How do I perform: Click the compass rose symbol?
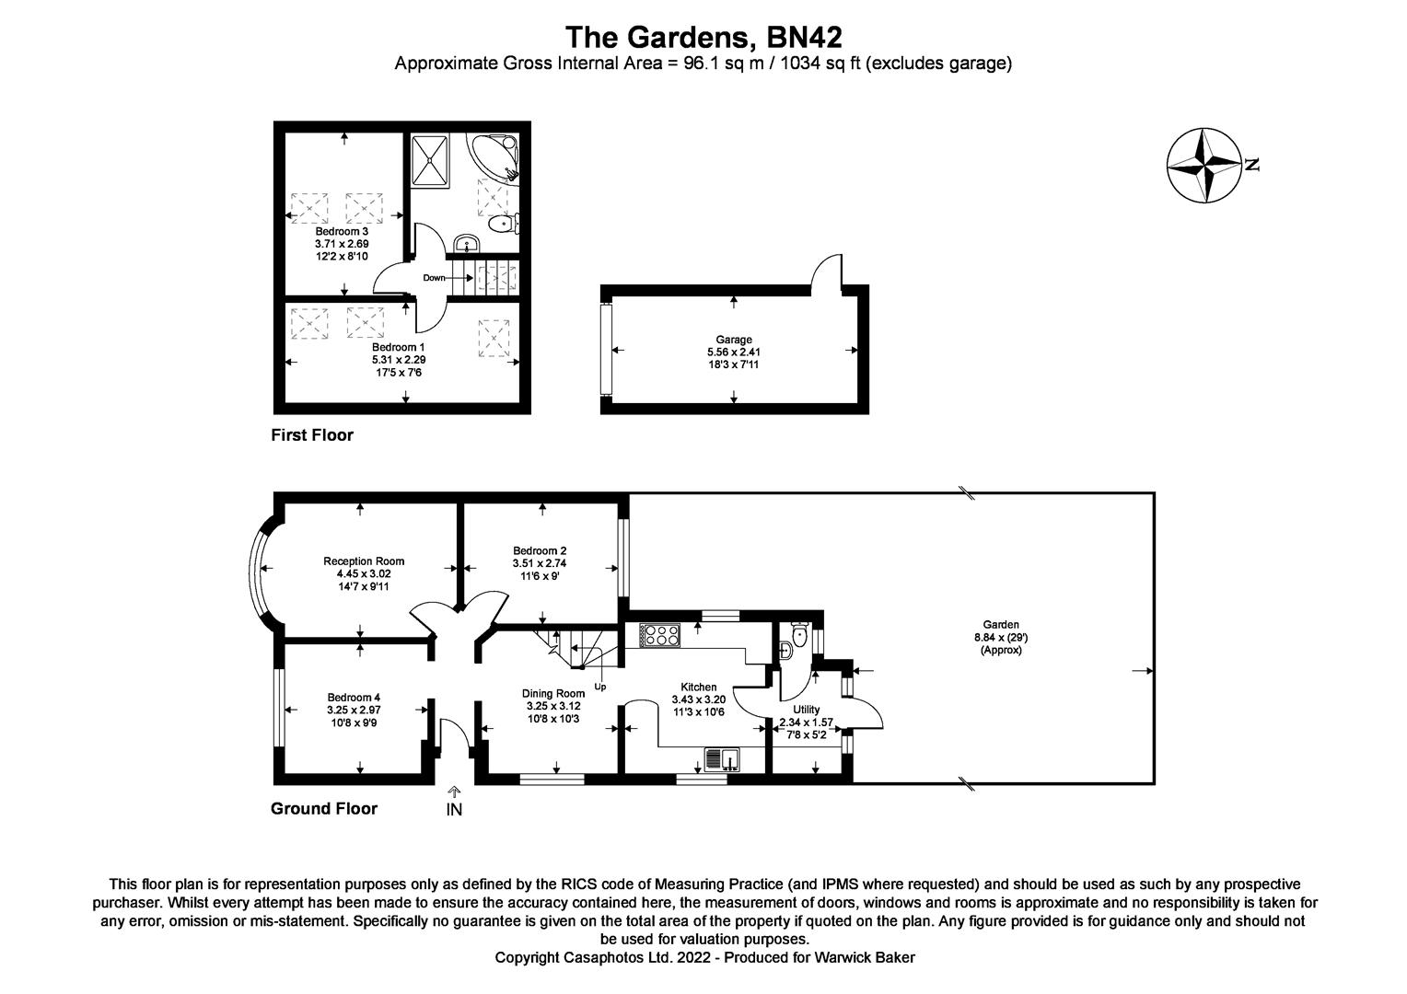point(1204,166)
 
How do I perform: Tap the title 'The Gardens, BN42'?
point(703,37)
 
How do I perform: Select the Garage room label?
point(734,340)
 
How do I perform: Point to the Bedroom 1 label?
point(399,347)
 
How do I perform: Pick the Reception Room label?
point(364,561)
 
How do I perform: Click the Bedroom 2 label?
point(540,550)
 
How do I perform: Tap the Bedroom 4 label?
point(354,698)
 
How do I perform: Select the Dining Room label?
point(553,693)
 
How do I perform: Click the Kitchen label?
point(698,687)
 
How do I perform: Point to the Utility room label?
point(806,710)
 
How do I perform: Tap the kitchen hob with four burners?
point(659,634)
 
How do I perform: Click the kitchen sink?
point(723,759)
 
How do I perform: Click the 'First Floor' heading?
point(311,435)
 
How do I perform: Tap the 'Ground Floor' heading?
point(323,809)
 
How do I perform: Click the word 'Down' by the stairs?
point(434,277)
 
